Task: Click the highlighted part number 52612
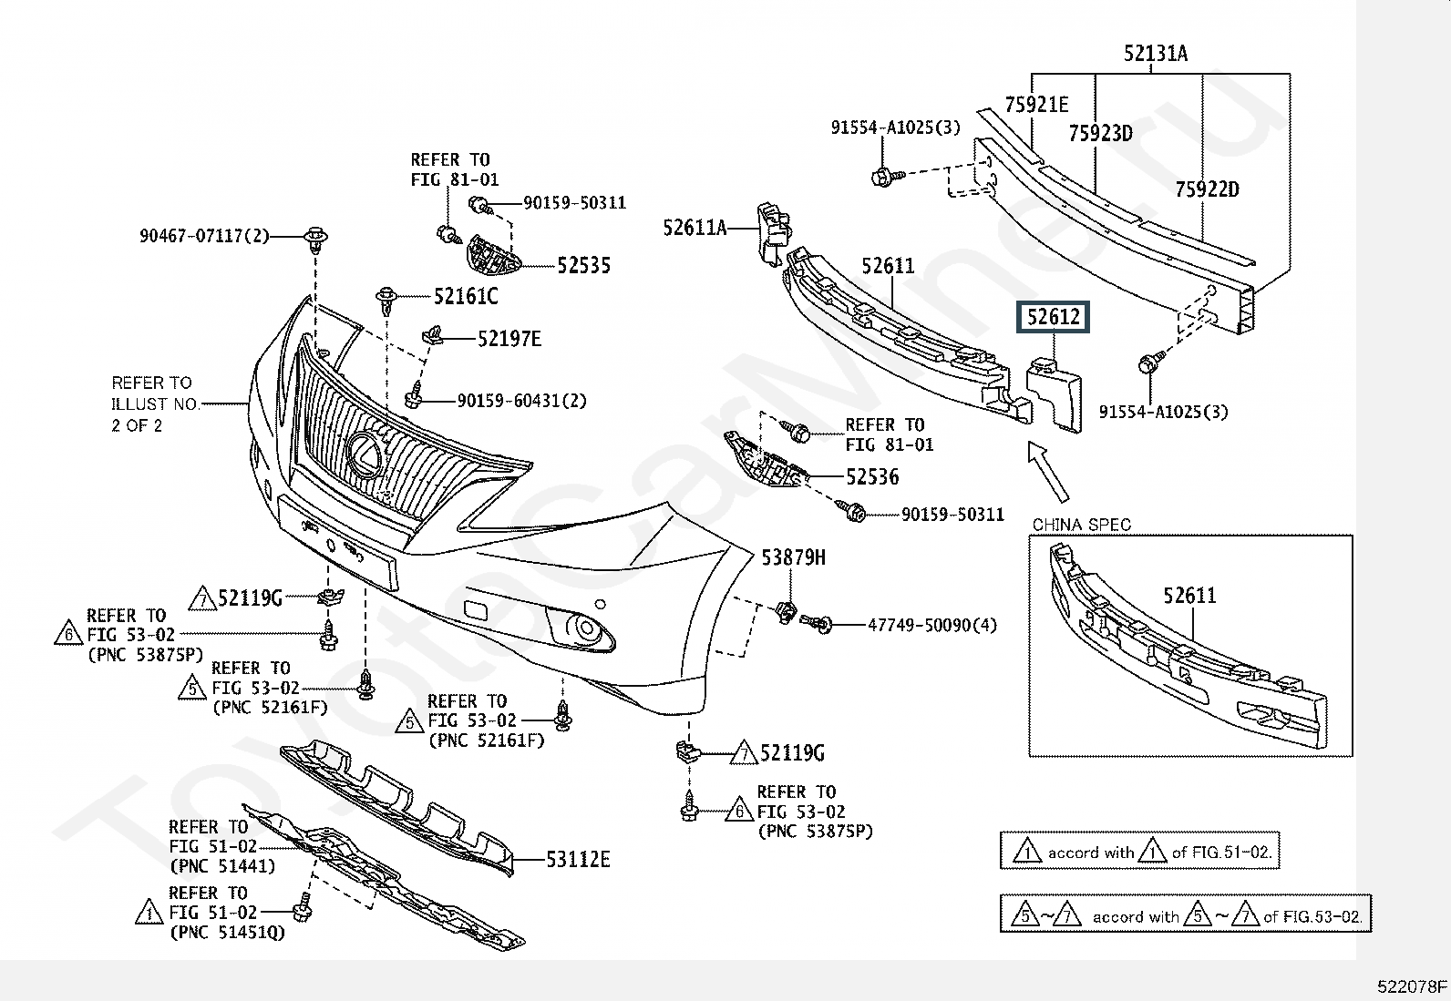[x=1054, y=317]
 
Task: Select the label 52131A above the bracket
[x=1156, y=53]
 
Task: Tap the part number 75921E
[x=1036, y=104]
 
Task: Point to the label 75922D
[x=1207, y=189]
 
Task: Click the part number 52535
[x=583, y=265]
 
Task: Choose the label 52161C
[x=466, y=297]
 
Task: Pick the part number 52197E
[x=509, y=339]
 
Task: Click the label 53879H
[x=793, y=557]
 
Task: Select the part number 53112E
[x=578, y=859]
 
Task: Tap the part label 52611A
[x=695, y=228]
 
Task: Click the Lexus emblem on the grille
[x=366, y=455]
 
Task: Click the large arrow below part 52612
[x=1047, y=472]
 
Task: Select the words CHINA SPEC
[x=1081, y=525]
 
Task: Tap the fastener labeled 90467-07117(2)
[x=315, y=238]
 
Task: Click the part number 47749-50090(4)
[x=932, y=626]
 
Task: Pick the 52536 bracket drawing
[x=765, y=459]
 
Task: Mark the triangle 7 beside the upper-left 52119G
[x=202, y=598]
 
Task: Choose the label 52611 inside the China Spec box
[x=1189, y=596]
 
